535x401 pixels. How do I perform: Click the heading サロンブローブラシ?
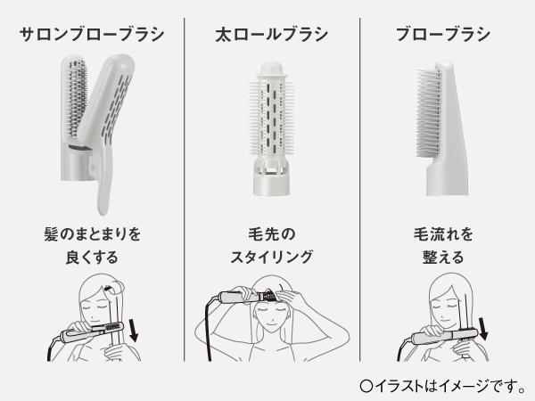[x=92, y=35]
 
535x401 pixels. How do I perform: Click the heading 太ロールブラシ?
[x=272, y=35]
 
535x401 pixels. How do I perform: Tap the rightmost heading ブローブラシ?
[x=443, y=35]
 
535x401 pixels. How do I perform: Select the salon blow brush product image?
[x=97, y=135]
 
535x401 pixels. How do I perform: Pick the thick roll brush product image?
[x=272, y=128]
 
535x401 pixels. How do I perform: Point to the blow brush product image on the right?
[x=442, y=128]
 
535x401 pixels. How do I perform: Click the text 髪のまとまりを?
[x=92, y=234]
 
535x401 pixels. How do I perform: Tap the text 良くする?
[x=92, y=257]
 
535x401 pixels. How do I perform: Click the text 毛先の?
[x=272, y=234]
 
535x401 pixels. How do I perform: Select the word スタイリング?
[x=272, y=257]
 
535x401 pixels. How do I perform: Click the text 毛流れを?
[x=443, y=234]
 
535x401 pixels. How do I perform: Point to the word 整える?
[x=443, y=257]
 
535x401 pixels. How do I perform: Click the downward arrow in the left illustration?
[x=133, y=331]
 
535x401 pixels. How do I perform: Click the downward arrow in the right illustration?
[x=483, y=329]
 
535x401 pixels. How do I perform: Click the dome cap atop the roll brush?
[x=272, y=70]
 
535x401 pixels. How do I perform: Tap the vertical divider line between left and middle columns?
[x=185, y=190]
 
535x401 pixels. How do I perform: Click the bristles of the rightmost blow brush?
[x=428, y=112]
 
